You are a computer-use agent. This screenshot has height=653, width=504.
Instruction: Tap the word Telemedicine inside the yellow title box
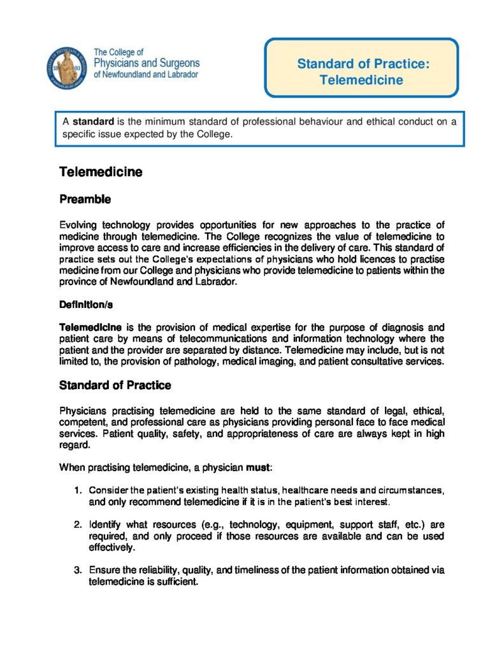tap(361, 80)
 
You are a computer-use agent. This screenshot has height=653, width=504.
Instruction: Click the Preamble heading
tap(85, 200)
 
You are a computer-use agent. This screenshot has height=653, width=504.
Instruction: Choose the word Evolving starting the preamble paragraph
tap(81, 225)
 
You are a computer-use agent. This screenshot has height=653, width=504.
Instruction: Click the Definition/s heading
tap(85, 305)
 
